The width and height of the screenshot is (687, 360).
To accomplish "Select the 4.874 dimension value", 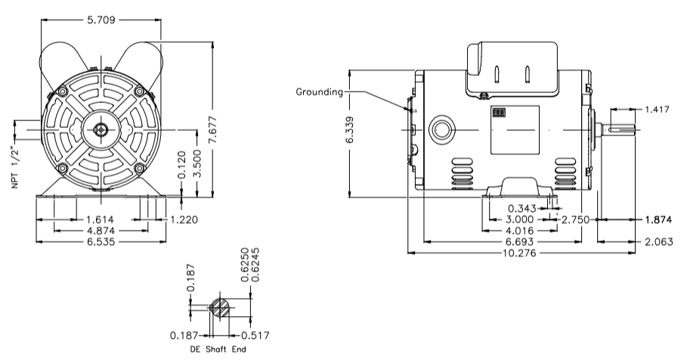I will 98,230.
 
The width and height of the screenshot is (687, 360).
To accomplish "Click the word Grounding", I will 319,92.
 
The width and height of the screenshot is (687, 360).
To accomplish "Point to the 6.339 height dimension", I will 350,134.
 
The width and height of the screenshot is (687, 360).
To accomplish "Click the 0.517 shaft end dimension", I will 255,334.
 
